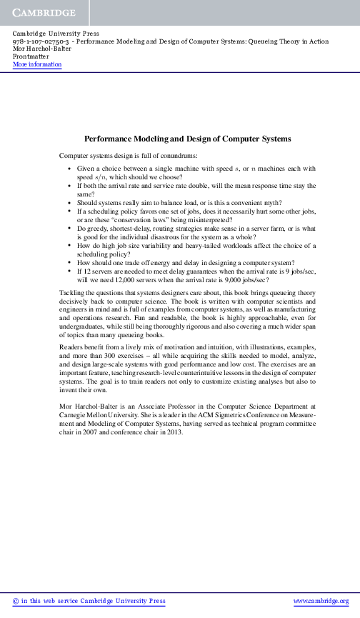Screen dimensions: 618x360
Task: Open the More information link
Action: pos(37,65)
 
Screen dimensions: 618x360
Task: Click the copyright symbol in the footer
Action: pos(16,602)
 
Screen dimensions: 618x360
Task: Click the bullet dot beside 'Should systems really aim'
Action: pos(68,203)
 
